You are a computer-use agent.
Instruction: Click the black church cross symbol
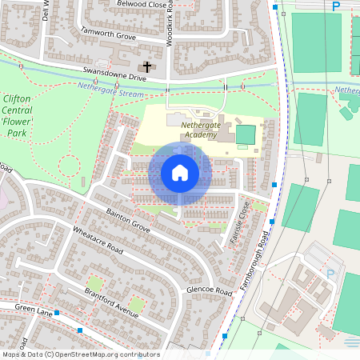pos(146,66)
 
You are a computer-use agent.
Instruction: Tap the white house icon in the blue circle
pos(180,172)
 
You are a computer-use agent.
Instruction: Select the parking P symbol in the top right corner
pos(336,6)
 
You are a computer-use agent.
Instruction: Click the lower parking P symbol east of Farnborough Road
pos(330,274)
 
